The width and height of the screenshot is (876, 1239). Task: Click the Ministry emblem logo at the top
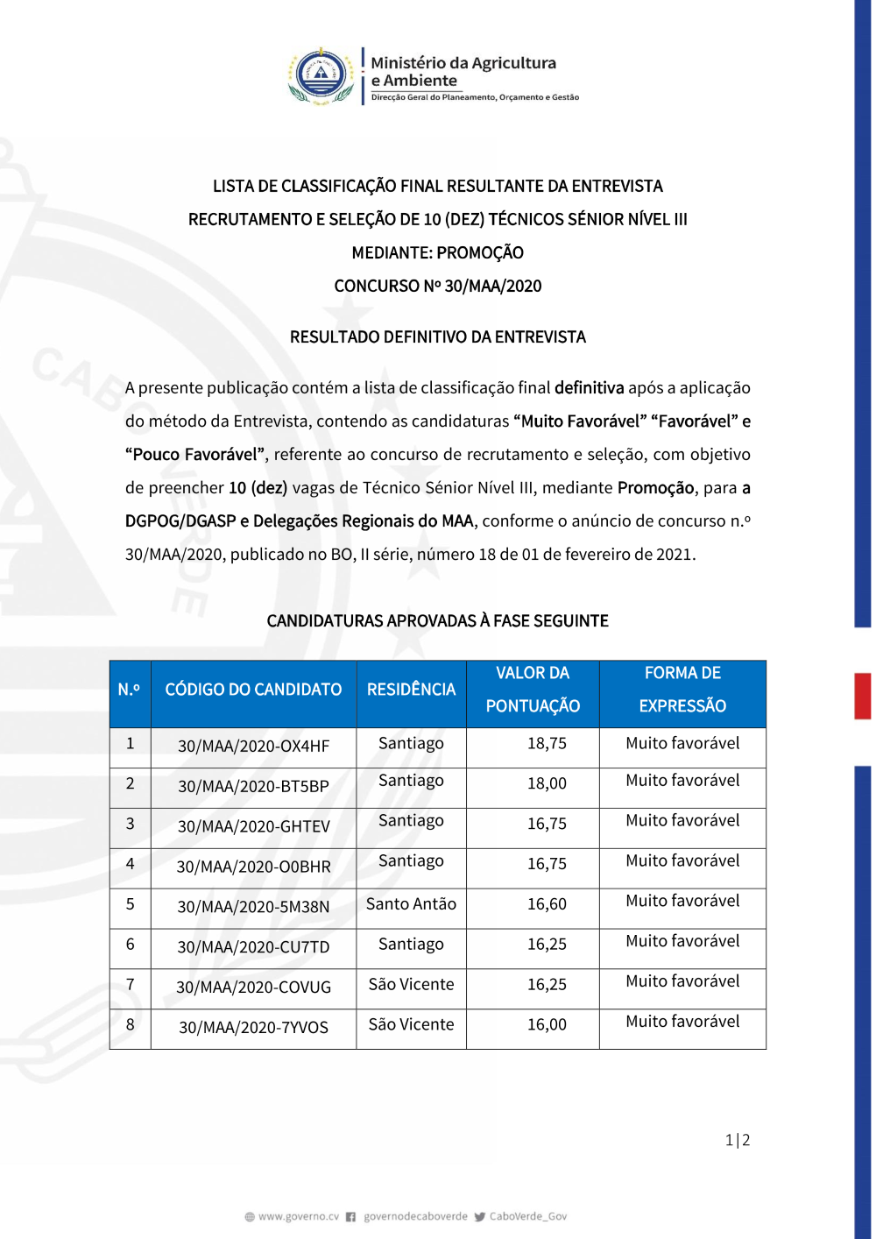tap(321, 75)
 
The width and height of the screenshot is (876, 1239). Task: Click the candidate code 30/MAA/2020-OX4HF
tap(253, 747)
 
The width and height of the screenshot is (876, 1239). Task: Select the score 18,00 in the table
tap(547, 783)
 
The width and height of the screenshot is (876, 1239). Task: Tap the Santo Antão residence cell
tap(411, 904)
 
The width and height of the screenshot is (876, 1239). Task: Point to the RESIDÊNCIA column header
tap(411, 690)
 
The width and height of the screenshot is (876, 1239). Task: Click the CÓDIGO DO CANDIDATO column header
tap(253, 690)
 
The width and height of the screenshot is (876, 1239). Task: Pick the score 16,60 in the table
tap(547, 904)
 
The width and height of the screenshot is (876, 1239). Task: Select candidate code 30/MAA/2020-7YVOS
tap(253, 1028)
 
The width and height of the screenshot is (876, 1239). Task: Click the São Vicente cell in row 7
tap(411, 985)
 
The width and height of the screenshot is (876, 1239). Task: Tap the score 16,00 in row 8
tap(547, 1025)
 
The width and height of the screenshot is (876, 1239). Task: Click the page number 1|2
tap(737, 1140)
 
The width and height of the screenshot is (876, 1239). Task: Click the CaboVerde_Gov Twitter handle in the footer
tap(527, 1216)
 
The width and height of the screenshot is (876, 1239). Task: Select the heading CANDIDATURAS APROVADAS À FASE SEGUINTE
tap(437, 621)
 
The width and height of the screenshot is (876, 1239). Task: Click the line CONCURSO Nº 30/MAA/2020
tap(437, 287)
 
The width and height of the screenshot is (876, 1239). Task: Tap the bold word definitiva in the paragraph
tap(589, 388)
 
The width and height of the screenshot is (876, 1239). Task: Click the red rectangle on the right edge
tap(863, 696)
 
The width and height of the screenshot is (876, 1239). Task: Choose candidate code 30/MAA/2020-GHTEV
tap(253, 826)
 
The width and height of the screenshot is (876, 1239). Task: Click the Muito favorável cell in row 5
tap(682, 902)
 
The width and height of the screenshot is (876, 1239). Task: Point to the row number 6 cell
tap(131, 945)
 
